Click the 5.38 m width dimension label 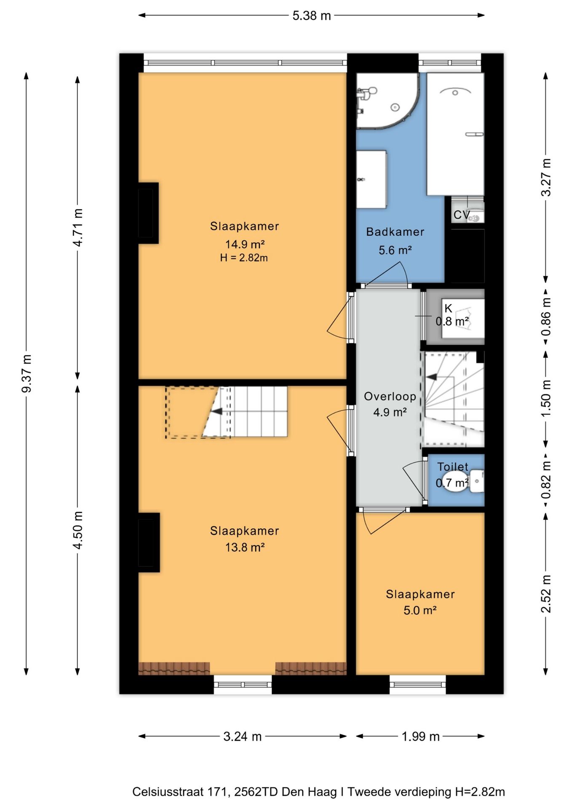[312, 16]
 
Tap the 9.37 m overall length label [27, 373]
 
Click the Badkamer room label [395, 232]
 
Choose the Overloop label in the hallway [390, 396]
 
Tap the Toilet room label [453, 466]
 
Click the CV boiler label [462, 215]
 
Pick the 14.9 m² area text [245, 244]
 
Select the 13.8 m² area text [245, 547]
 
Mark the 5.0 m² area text [420, 610]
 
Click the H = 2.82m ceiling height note [244, 257]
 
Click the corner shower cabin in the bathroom [388, 101]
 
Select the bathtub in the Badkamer [455, 134]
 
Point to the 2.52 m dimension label [546, 594]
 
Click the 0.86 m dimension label [546, 316]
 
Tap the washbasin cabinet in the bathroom [372, 179]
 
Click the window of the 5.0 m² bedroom [418, 684]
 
